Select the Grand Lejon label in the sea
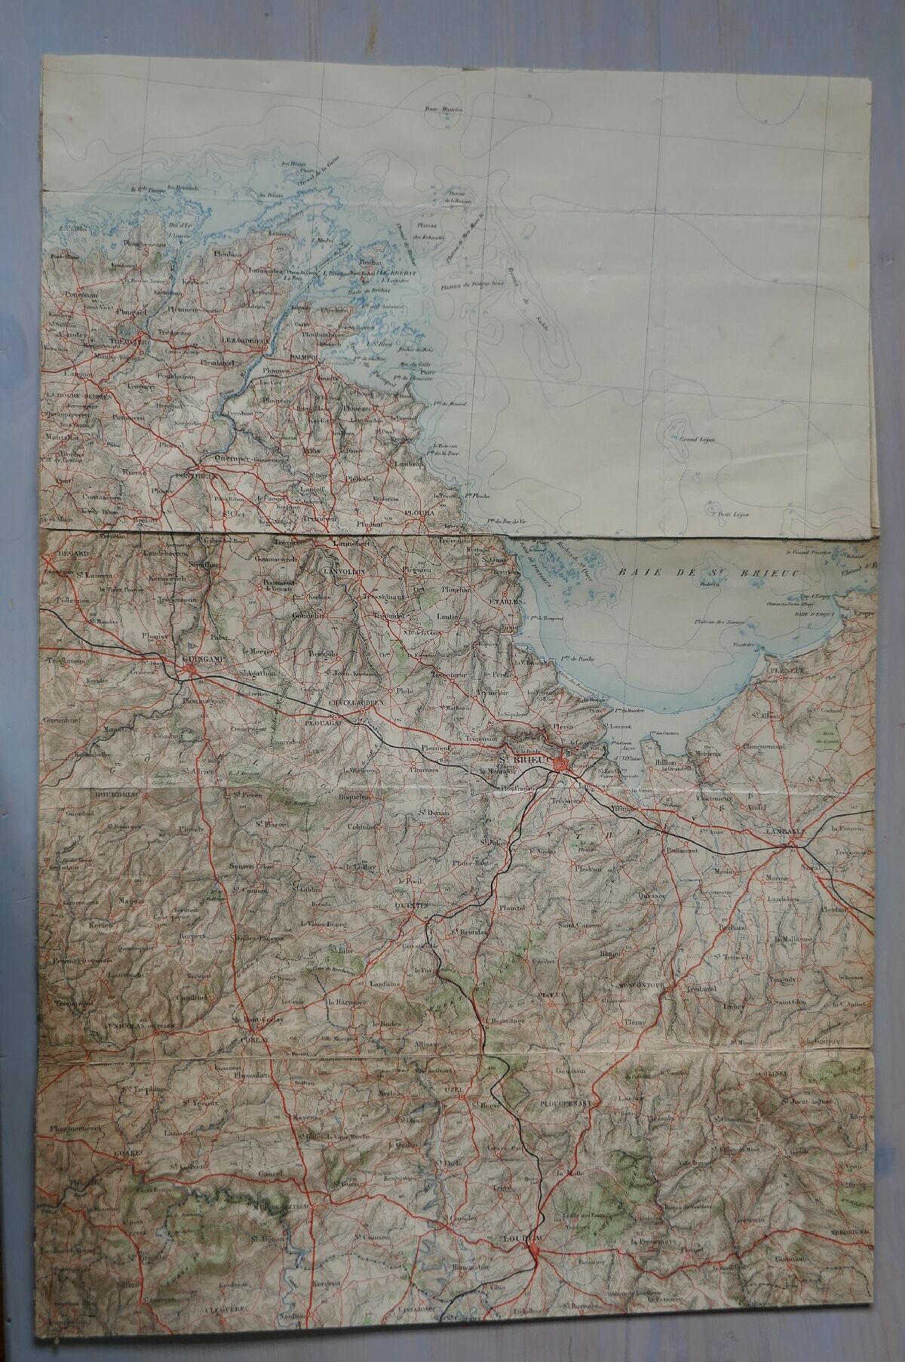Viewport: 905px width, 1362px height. tap(698, 438)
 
